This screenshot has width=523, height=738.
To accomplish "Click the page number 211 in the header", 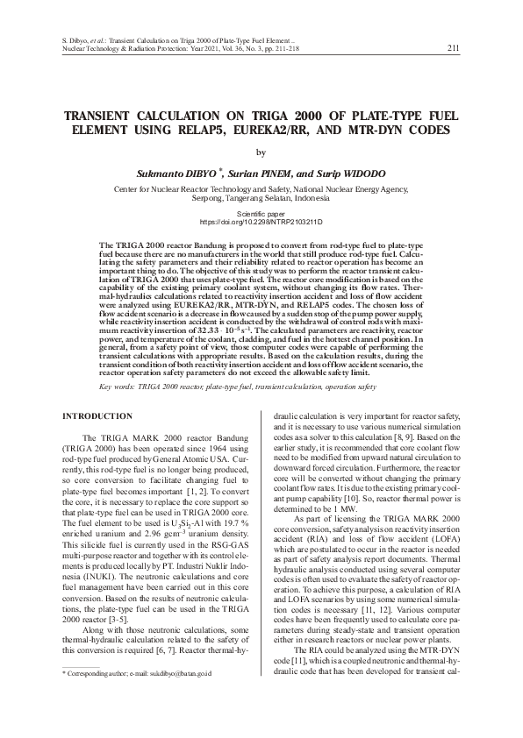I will pyautogui.click(x=452, y=48).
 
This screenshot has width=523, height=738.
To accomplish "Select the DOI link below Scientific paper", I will pyautogui.click(x=261, y=223).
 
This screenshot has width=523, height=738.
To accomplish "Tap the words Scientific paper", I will pyautogui.click(x=261, y=214).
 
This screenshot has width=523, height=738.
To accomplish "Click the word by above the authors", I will pyautogui.click(x=261, y=152).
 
